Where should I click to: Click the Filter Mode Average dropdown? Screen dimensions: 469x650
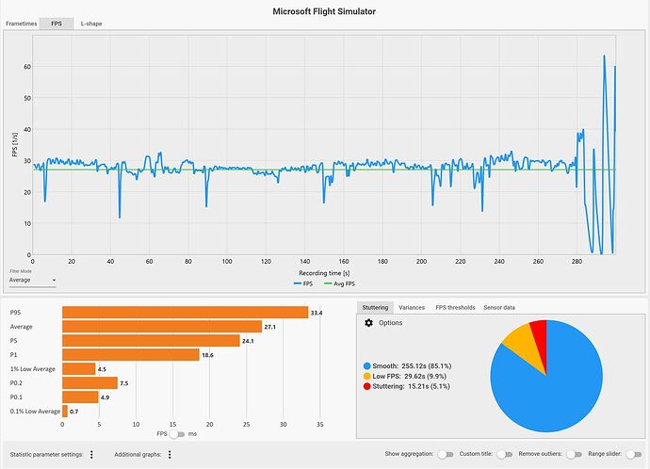pos(32,280)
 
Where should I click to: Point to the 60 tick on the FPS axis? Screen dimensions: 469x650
pos(27,67)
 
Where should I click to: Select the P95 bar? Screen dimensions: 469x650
pos(185,312)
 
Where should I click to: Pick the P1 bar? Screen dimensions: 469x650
pos(131,354)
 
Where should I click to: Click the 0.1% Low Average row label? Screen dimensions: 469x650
pos(34,411)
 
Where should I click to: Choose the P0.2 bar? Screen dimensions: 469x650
pos(89,382)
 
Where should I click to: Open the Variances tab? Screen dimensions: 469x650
pos(412,308)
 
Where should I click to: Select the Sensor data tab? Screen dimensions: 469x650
pos(499,308)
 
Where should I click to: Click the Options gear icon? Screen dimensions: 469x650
pos(369,323)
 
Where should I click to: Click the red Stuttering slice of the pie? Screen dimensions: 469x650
pos(538,332)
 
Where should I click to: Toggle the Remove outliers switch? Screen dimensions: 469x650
pos(570,453)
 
